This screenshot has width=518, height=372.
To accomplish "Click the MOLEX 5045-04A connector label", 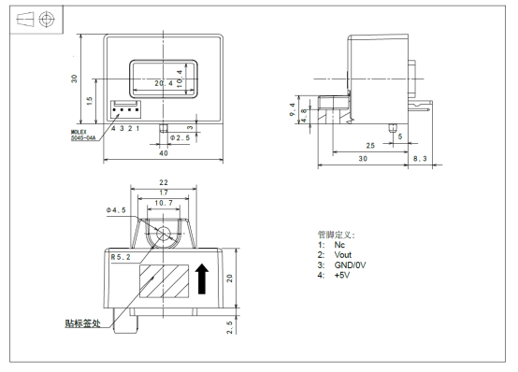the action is (83, 136).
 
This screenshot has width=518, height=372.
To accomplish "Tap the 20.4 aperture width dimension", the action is (164, 83).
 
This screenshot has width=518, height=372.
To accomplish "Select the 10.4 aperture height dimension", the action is (180, 79).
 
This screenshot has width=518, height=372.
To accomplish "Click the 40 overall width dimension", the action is (164, 153).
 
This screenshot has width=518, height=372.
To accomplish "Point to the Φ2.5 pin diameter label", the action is (180, 137).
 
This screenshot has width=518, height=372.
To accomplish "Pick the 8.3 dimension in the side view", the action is (420, 159).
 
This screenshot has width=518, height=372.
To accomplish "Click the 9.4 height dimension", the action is (293, 109).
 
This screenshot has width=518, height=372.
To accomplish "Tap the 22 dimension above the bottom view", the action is (164, 182).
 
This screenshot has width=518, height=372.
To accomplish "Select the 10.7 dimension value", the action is (164, 203).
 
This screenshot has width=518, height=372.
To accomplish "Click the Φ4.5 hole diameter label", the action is (116, 210).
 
